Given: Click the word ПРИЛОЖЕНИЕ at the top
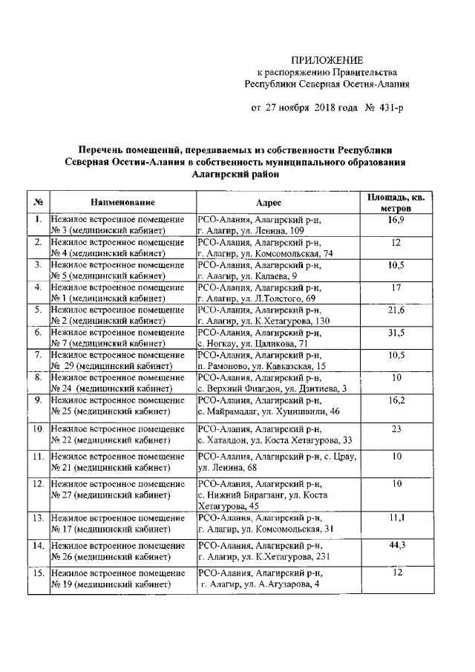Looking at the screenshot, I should (x=327, y=59).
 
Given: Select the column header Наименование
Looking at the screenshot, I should (x=122, y=202).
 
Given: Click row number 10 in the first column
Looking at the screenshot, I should (x=37, y=429).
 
